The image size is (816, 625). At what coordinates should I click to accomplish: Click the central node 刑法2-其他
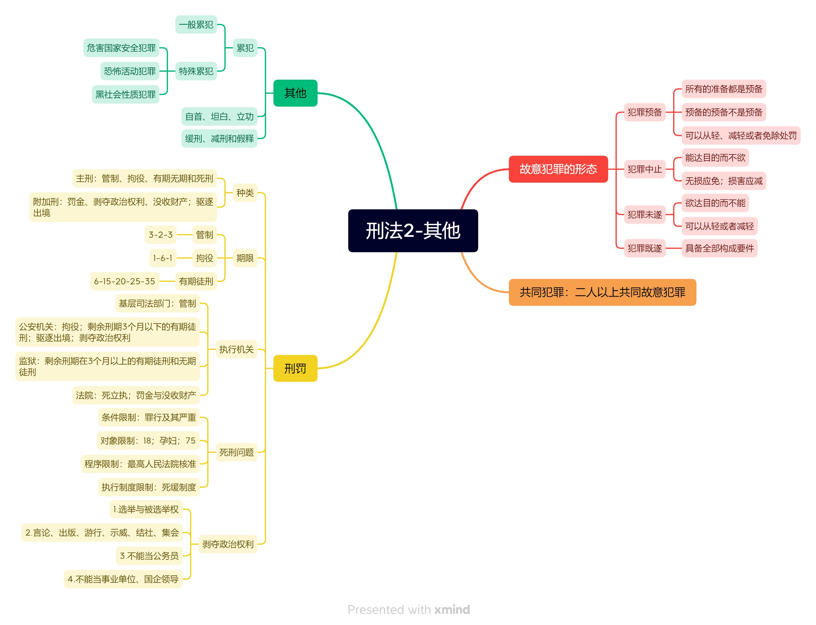[413, 231]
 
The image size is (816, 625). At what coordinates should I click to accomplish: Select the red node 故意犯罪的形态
[558, 169]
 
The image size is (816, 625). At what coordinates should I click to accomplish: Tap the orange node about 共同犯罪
[602, 292]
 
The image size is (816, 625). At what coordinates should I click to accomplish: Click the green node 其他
[295, 93]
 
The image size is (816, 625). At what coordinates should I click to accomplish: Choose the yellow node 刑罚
[295, 368]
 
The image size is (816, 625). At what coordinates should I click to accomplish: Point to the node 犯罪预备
[644, 112]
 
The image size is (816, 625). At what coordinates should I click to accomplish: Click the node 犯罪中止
[644, 169]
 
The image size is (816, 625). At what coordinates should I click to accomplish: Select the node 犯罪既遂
[644, 248]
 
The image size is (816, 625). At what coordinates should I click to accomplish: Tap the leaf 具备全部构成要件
[719, 248]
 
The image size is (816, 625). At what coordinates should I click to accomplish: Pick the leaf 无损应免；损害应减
[723, 181]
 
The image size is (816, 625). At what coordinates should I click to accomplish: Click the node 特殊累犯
[196, 71]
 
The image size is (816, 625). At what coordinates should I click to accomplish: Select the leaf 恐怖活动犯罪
[130, 71]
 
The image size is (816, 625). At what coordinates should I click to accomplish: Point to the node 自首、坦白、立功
[219, 116]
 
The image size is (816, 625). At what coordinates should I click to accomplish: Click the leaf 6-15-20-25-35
[124, 281]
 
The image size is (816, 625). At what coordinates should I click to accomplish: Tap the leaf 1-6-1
[163, 258]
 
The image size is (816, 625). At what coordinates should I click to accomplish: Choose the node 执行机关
[236, 349]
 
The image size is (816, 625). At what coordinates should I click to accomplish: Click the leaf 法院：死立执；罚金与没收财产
[136, 395]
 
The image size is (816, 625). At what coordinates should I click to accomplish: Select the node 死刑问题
[236, 453]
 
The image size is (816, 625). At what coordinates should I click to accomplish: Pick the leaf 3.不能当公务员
[149, 556]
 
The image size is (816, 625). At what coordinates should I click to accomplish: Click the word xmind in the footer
[452, 609]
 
